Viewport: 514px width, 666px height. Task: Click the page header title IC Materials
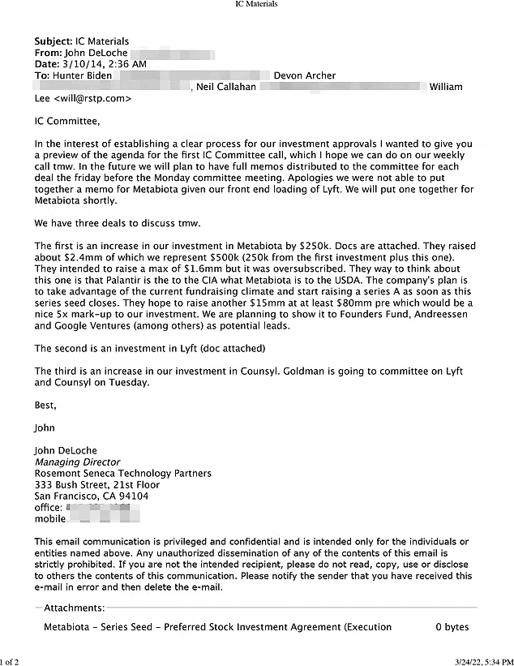click(256, 4)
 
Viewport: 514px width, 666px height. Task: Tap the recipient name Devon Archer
click(305, 76)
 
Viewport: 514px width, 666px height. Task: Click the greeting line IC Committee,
click(66, 122)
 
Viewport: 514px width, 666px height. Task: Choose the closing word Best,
click(46, 405)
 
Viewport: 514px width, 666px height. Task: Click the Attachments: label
click(74, 608)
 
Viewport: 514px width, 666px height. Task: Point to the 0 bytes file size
click(452, 627)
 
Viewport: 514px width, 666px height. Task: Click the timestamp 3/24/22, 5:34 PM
click(478, 661)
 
